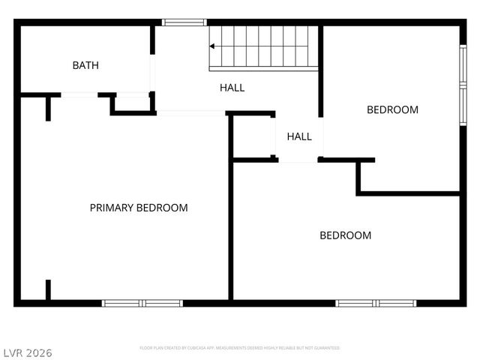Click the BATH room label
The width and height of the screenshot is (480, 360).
tap(85, 65)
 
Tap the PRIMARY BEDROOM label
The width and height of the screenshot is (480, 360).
tap(139, 208)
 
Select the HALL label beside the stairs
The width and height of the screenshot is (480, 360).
tap(232, 88)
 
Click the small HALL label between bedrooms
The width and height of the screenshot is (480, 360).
tap(299, 136)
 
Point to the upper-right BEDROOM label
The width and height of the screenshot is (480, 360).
tap(392, 109)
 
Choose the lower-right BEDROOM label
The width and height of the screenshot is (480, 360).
tap(345, 235)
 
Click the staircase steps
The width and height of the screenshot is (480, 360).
tap(262, 46)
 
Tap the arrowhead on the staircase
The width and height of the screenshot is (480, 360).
tap(212, 46)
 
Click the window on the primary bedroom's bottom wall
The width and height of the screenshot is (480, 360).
tap(142, 303)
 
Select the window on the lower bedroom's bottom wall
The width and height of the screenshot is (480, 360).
tap(375, 303)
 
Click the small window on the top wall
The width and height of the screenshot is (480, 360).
tap(184, 22)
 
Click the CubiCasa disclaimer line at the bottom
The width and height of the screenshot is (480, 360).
tap(240, 348)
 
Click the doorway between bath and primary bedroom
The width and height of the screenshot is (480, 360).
tap(79, 94)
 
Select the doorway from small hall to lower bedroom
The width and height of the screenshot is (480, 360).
tap(299, 160)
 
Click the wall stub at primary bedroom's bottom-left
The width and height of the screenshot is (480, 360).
tap(48, 290)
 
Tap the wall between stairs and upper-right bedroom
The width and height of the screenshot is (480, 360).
tap(321, 71)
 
